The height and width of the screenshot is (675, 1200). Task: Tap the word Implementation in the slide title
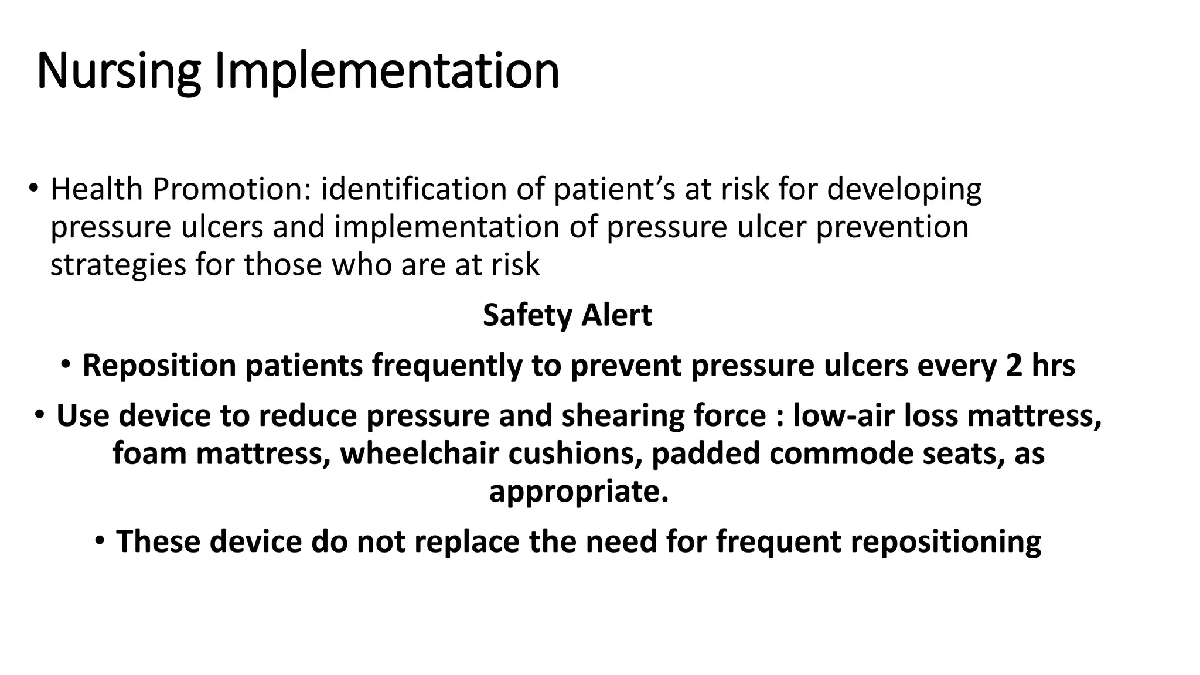(x=387, y=71)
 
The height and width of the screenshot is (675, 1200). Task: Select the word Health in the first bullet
(x=97, y=189)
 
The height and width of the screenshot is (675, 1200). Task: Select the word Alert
(x=616, y=316)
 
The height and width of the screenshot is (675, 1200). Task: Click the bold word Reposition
(x=159, y=366)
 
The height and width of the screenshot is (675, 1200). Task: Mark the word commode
(x=841, y=454)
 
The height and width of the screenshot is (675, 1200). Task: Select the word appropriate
(x=578, y=492)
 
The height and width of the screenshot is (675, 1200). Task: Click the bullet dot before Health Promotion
(x=33, y=188)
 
